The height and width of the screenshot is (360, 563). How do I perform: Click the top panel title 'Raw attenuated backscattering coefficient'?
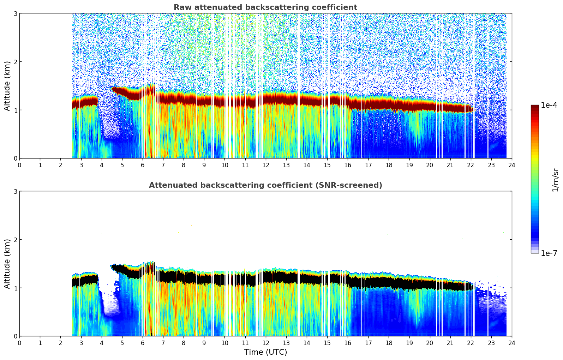click(265, 7)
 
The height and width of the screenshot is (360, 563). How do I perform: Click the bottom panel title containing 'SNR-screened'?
click(265, 185)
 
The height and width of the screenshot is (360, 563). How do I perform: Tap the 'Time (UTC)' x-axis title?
click(265, 352)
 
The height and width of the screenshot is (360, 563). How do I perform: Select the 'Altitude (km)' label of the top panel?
click(7, 86)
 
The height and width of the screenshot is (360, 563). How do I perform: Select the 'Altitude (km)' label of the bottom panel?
click(7, 264)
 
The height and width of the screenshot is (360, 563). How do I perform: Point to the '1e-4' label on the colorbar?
click(549, 105)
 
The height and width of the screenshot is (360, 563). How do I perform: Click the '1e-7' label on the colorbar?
click(549, 253)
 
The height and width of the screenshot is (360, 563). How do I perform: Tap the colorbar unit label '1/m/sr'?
click(555, 180)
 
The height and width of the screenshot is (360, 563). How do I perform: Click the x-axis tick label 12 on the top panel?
click(265, 165)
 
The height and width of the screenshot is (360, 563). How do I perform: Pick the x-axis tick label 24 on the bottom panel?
click(511, 343)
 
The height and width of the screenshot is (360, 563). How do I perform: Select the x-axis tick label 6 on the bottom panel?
click(143, 343)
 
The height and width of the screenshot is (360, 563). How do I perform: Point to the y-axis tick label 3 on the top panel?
click(15, 13)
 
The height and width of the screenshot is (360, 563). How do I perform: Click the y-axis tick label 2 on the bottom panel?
click(15, 240)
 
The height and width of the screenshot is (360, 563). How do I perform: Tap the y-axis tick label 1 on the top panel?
click(15, 110)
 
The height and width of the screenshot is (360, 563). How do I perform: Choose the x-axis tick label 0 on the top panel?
click(19, 165)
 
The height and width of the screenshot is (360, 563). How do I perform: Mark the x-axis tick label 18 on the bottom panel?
click(389, 343)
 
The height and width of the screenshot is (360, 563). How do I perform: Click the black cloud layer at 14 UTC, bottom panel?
click(306, 277)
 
